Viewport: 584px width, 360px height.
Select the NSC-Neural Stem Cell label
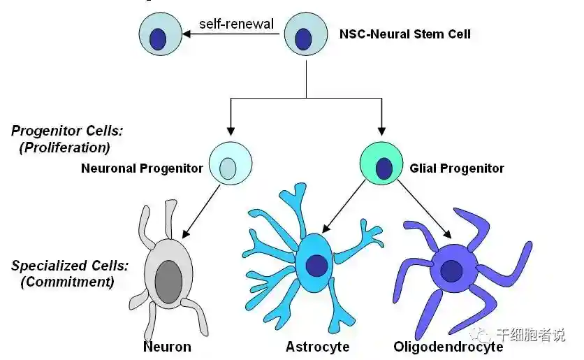pyautogui.click(x=405, y=33)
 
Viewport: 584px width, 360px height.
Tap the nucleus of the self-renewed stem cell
pyautogui.click(x=159, y=38)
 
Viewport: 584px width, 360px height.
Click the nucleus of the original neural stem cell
pyautogui.click(x=303, y=38)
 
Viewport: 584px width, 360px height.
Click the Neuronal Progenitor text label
pyautogui.click(x=142, y=168)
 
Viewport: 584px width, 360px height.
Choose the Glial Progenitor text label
pyautogui.click(x=457, y=168)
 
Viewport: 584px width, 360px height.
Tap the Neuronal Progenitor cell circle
pyautogui.click(x=230, y=164)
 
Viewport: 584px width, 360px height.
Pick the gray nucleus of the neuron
pyautogui.click(x=168, y=281)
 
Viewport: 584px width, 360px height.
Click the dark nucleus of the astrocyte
pyautogui.click(x=317, y=265)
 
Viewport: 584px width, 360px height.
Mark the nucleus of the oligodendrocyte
pyautogui.click(x=451, y=270)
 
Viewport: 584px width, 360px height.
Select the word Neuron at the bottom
pyautogui.click(x=167, y=347)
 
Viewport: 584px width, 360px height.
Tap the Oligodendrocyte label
pyautogui.click(x=448, y=347)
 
